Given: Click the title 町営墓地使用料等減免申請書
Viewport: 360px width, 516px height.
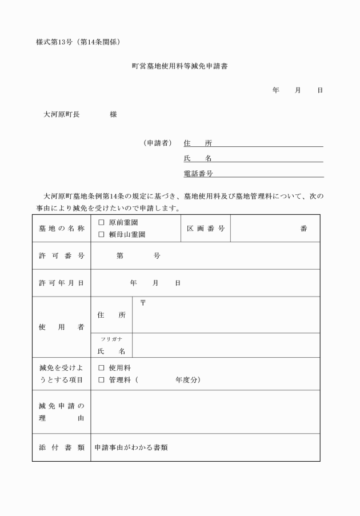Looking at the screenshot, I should point(179,67).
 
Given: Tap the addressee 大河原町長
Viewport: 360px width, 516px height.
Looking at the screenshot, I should point(62,114).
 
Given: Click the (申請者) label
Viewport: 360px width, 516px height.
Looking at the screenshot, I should point(158,143).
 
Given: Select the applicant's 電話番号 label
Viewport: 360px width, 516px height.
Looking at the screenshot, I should point(198,174).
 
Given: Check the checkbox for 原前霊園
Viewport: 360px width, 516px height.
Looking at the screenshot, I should point(101,222).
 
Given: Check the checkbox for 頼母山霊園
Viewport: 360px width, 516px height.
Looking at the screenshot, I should point(101,234).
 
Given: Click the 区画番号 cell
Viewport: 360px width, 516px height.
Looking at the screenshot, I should point(205,229).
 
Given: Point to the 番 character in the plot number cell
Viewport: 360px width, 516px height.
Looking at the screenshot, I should point(303,229).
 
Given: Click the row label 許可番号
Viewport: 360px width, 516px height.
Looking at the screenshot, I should point(61,255).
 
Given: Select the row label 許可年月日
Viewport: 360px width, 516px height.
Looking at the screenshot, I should point(61,283).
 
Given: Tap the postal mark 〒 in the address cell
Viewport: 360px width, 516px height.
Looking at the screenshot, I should point(143,303).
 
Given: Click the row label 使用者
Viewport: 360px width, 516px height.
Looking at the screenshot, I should point(61,327).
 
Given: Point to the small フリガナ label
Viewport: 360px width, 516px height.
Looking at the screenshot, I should point(111,339).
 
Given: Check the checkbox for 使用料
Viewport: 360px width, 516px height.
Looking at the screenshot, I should point(101,368).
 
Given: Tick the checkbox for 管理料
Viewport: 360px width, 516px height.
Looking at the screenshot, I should point(101,379).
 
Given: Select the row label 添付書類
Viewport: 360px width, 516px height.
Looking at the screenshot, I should point(61,447).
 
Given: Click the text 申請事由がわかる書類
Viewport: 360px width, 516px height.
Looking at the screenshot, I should point(131,447).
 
